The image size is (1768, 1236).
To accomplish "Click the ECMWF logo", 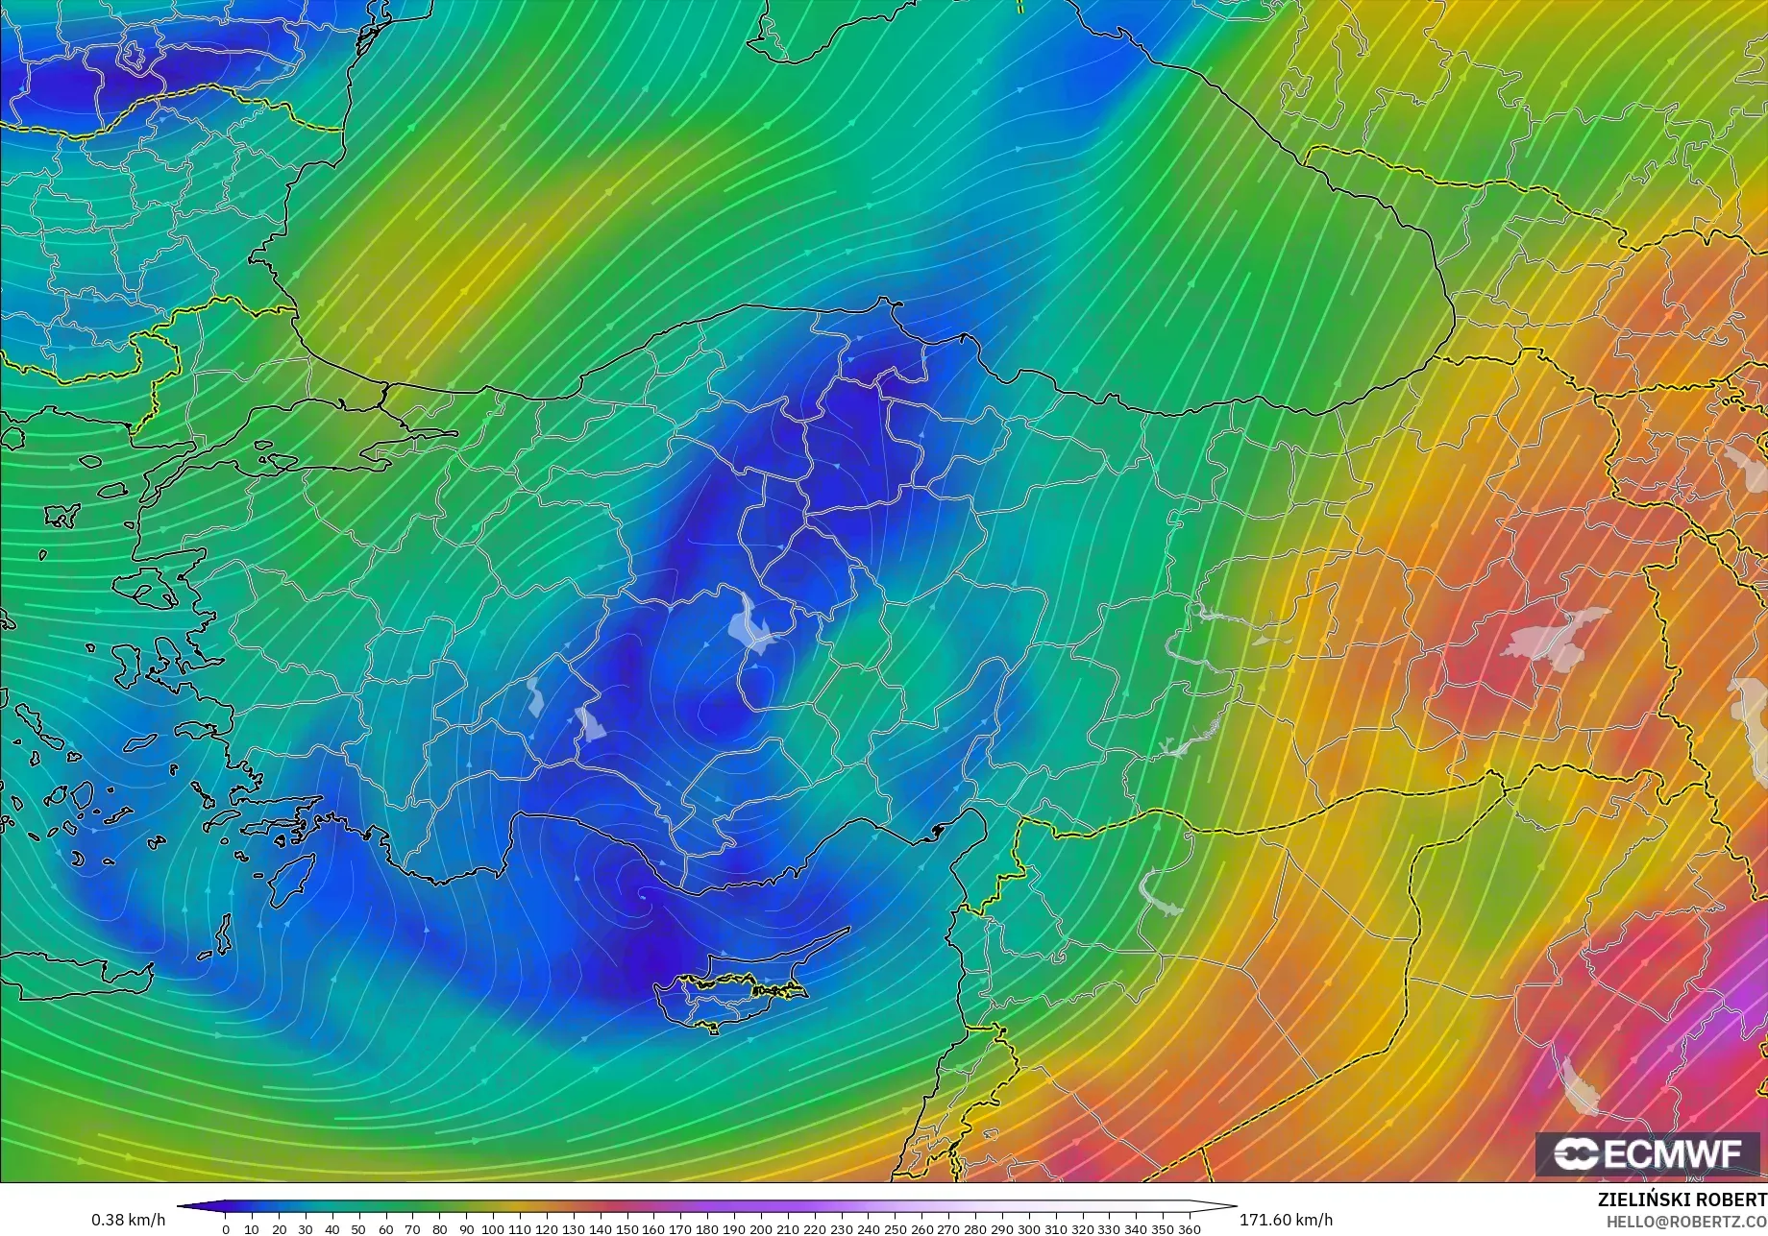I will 1648,1153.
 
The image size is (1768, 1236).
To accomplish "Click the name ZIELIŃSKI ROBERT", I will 1682,1200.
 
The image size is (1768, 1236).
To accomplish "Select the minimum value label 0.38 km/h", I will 128,1220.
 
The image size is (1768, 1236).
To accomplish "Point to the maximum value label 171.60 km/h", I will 1286,1220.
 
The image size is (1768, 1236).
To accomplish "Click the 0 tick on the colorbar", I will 226,1229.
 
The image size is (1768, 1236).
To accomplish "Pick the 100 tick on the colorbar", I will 493,1229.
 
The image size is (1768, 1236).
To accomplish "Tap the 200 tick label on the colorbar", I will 760,1229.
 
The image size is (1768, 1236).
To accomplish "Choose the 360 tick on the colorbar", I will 1189,1229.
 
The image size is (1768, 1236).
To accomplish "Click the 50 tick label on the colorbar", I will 358,1229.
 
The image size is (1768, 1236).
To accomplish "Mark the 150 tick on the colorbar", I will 626,1229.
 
